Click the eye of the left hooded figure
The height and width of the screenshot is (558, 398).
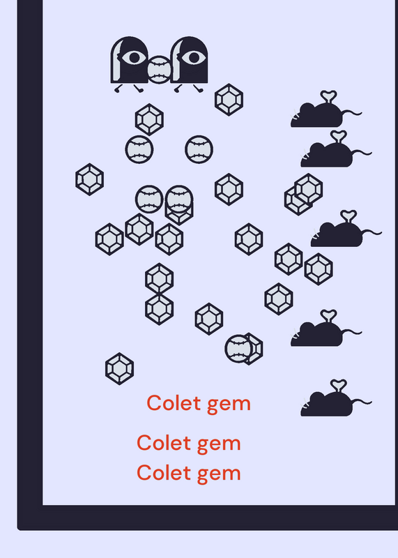134,57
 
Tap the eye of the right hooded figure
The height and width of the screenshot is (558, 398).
194,57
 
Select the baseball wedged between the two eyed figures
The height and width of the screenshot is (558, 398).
159,70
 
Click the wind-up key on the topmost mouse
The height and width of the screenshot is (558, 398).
328,96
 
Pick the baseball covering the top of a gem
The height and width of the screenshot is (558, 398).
179,199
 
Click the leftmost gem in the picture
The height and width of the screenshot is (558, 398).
90,179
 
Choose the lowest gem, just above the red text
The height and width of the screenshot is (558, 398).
119,369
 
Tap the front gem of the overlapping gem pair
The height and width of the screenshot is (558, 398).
308,189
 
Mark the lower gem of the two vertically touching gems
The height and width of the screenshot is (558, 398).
160,309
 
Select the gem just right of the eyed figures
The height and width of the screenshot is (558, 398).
229,100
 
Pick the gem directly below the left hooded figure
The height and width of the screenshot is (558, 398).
149,119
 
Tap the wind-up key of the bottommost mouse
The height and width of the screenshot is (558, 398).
338,386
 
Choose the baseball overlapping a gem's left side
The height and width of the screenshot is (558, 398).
238,349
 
